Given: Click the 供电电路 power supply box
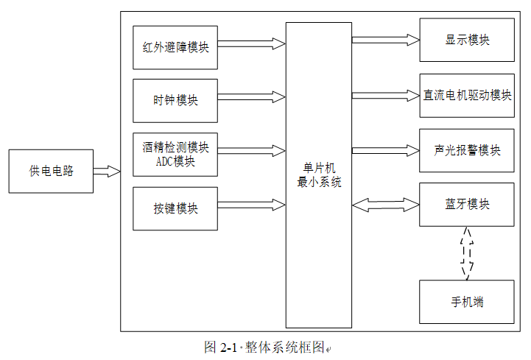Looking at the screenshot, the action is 51,172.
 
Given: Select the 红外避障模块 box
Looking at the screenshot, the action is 175,47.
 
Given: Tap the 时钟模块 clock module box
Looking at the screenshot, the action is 175,101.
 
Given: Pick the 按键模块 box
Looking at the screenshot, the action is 175,208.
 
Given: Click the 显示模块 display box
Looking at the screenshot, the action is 467,40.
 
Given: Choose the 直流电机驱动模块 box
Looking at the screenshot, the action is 467,96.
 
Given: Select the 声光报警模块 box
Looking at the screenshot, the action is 467,150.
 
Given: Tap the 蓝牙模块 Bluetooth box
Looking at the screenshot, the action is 467,205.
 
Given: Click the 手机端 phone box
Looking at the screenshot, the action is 467,302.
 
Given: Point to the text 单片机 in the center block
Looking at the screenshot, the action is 319,168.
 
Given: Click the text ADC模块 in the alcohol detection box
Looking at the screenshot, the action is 175,161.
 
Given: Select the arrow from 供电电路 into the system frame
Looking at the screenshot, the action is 107,171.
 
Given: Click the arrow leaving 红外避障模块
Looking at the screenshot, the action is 251,43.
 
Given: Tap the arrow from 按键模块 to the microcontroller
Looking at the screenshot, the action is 251,205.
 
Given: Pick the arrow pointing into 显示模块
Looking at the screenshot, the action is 386,40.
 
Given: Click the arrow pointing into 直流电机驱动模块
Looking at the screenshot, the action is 386,96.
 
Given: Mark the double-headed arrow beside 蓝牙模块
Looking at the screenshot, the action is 386,205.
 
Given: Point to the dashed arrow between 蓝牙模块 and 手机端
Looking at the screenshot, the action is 467,253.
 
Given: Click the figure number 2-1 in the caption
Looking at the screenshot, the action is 228,347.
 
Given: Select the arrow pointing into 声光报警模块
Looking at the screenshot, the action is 386,150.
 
